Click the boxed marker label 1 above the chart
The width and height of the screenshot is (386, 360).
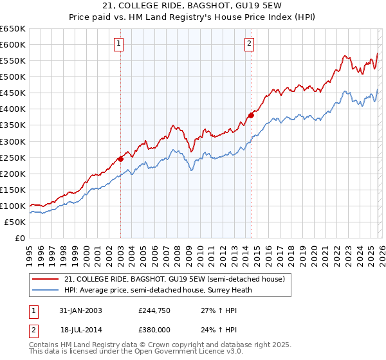click(120, 44)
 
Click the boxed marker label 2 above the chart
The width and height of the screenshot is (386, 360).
click(249, 44)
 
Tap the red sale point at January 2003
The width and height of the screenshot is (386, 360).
click(120, 159)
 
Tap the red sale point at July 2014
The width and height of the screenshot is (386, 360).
click(251, 115)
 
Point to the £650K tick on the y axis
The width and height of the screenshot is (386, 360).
click(13, 29)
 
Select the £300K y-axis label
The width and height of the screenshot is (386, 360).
click(13, 141)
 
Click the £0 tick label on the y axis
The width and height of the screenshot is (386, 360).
click(20, 239)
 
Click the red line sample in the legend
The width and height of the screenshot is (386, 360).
click(46, 279)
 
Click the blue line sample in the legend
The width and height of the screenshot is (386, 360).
click(46, 290)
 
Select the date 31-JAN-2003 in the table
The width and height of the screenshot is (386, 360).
click(80, 310)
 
